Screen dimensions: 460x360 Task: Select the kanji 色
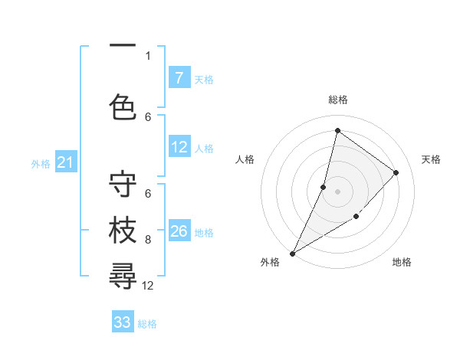(123, 106)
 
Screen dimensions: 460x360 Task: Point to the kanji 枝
(123, 231)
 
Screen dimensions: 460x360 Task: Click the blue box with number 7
(179, 78)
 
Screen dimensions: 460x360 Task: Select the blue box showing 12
(179, 148)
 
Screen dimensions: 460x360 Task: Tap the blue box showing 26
(179, 231)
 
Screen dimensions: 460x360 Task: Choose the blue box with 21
(66, 162)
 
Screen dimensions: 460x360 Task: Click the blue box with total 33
(123, 322)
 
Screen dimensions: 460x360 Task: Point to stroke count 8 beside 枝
(148, 240)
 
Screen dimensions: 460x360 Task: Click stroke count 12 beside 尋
(148, 286)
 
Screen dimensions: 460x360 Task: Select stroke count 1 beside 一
(148, 55)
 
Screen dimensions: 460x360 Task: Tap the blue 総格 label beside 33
(147, 324)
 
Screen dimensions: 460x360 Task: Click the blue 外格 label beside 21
(41, 163)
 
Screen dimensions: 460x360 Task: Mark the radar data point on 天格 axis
(396, 172)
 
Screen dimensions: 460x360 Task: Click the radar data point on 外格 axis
(292, 253)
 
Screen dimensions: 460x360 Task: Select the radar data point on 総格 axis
(337, 131)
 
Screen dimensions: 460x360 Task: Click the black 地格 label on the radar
(402, 262)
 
